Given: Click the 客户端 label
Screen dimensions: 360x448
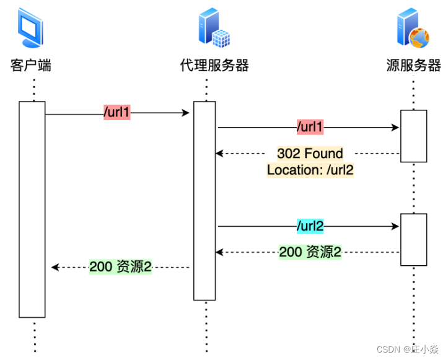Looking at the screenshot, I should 31,66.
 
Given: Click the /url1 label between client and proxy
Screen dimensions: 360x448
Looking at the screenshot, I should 117,113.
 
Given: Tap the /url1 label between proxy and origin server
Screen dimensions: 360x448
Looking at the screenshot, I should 310,128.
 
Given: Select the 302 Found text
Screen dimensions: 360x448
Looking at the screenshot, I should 310,154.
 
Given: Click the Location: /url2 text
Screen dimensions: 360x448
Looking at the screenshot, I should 310,170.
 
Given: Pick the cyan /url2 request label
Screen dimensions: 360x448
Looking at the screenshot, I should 310,226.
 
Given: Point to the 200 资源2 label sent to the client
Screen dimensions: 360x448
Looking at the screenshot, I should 121,267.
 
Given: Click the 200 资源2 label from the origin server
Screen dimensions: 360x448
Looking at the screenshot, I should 310,252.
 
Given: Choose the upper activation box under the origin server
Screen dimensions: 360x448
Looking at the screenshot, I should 413,136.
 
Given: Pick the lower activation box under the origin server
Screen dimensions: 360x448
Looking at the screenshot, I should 413,239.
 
